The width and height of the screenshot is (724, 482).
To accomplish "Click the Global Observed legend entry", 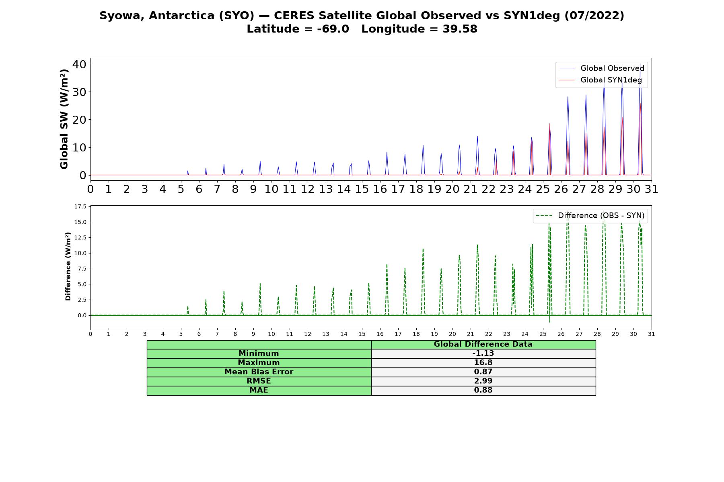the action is (601, 68).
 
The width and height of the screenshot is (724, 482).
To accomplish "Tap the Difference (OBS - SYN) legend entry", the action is (590, 216).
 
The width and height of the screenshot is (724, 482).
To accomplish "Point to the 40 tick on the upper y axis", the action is (79, 64).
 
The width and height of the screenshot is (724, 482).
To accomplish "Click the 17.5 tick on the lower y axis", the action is (80, 206).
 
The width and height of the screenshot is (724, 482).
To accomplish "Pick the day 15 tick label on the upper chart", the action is (362, 189).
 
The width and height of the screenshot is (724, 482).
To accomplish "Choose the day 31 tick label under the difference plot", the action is (652, 334).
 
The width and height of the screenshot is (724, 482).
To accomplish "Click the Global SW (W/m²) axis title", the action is (64, 119).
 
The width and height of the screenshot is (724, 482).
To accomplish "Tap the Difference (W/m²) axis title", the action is (68, 266).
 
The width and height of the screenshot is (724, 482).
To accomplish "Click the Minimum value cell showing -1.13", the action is (483, 353).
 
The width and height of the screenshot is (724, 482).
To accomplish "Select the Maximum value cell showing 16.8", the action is (483, 363).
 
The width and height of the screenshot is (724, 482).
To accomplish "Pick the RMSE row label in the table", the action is (259, 381).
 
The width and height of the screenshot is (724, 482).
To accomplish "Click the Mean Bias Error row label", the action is (259, 372).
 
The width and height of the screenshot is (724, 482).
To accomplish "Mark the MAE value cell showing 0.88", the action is (483, 390).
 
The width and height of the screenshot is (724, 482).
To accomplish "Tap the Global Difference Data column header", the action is (483, 344).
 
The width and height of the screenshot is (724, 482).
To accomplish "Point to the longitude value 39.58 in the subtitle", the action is (460, 29).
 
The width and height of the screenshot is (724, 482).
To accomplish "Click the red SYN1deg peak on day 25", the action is (549, 124).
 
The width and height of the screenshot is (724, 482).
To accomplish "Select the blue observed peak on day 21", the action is (477, 136).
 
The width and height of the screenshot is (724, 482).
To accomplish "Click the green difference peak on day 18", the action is (423, 249).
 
